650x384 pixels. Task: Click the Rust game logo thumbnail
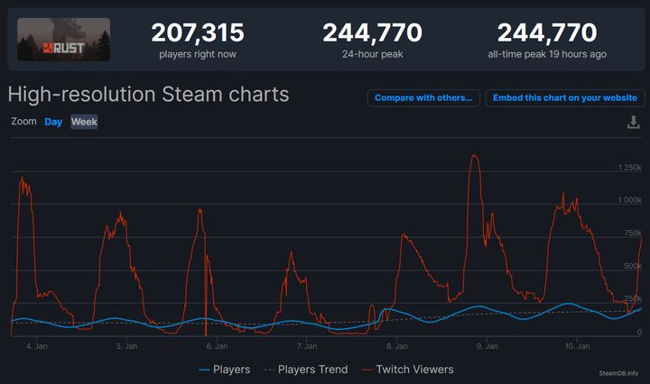pyautogui.click(x=63, y=40)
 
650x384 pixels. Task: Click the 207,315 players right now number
pyautogui.click(x=198, y=33)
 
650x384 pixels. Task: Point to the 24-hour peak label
pyautogui.click(x=372, y=54)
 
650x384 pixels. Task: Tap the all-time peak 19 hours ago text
pyautogui.click(x=546, y=54)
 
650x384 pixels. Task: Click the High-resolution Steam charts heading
pyautogui.click(x=148, y=95)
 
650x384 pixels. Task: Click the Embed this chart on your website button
pyautogui.click(x=564, y=98)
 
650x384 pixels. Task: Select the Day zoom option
pyautogui.click(x=53, y=122)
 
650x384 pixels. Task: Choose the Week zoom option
pyautogui.click(x=84, y=122)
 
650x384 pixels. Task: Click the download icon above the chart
pyautogui.click(x=633, y=123)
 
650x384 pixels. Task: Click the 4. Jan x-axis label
pyautogui.click(x=36, y=345)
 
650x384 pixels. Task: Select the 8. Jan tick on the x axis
pyautogui.click(x=395, y=345)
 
